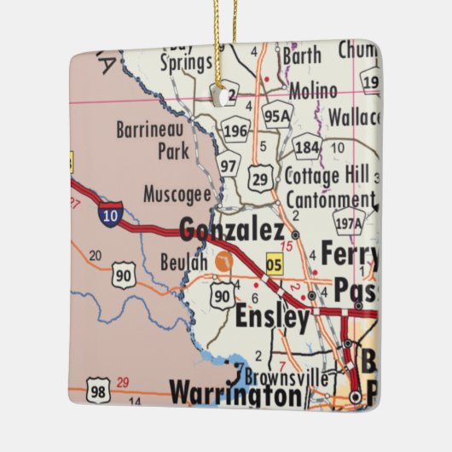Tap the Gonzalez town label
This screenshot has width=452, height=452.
[x=232, y=230]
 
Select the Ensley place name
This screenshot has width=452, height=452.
[x=272, y=318]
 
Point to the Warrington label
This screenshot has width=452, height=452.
[x=236, y=394]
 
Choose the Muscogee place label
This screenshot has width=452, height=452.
[x=177, y=194]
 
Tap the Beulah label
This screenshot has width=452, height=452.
[x=183, y=261]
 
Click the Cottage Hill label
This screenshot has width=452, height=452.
[x=325, y=177]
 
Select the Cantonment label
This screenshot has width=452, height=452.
[x=329, y=200]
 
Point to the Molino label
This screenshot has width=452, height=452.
[x=313, y=90]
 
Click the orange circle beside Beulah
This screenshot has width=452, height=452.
[x=223, y=263]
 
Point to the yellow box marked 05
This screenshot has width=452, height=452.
[x=274, y=264]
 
